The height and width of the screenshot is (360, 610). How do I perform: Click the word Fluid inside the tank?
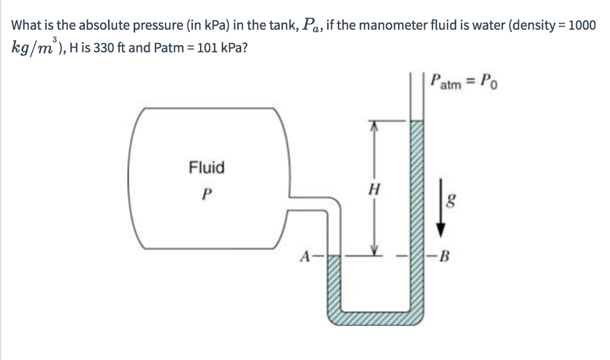click(207, 167)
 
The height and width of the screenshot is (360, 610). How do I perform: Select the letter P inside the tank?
click(206, 194)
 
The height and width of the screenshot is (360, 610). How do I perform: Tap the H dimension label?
click(374, 191)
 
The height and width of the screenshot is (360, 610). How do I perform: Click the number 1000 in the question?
click(581, 26)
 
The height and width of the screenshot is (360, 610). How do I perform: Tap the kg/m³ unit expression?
click(33, 48)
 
